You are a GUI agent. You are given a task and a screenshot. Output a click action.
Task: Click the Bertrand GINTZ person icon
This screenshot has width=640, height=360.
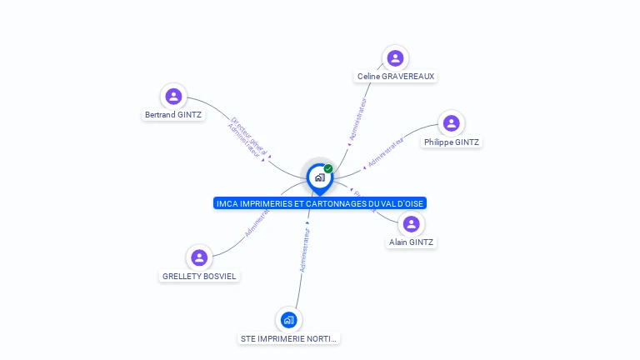[173, 96]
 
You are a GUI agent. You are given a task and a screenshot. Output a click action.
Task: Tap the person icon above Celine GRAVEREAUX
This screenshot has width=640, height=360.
[395, 57]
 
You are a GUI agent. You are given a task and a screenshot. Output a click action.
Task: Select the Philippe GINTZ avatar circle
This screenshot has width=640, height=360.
[451, 123]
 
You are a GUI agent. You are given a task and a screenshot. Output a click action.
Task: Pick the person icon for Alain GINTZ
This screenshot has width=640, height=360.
[411, 223]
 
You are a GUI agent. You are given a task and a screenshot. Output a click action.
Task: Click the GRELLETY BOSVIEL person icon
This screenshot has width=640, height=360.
[198, 257]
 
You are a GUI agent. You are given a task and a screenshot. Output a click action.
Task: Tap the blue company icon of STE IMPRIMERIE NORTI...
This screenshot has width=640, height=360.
[288, 320]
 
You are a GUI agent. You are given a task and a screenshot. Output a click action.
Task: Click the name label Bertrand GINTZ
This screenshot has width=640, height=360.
[173, 115]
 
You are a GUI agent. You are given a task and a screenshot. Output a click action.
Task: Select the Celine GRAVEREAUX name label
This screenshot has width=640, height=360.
[396, 77]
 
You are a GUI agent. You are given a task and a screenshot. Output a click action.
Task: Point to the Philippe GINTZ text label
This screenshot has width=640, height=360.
[451, 142]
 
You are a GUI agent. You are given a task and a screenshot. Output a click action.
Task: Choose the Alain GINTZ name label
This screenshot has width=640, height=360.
[411, 242]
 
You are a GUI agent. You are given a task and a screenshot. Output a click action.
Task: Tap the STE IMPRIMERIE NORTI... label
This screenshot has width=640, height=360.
[289, 339]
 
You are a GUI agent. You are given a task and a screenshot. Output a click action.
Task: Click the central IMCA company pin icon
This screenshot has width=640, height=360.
[319, 177]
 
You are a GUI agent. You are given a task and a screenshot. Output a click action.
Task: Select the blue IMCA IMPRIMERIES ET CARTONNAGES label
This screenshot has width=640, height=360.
[320, 203]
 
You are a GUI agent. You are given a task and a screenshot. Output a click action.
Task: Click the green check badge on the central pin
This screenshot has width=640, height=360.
[328, 168]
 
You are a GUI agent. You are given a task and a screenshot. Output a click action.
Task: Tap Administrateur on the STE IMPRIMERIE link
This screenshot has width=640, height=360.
[304, 251]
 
